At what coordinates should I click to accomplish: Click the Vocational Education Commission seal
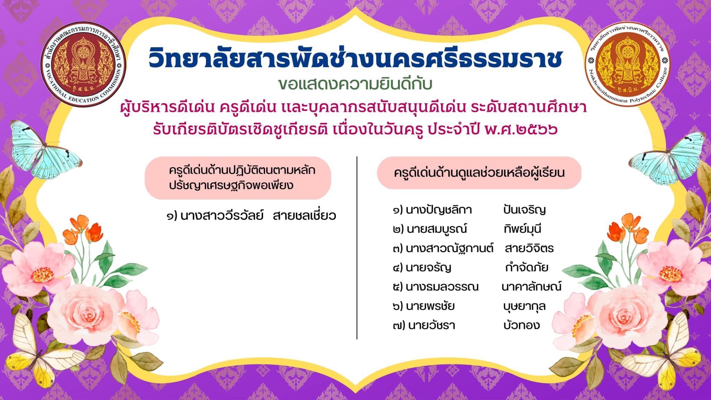[x=83, y=64]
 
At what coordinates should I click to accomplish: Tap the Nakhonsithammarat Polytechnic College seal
[x=628, y=64]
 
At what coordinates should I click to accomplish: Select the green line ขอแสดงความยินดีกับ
[x=355, y=84]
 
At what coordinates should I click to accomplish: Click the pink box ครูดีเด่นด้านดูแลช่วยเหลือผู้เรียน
[x=479, y=173]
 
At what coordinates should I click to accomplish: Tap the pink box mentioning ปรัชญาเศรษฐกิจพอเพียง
[x=238, y=178]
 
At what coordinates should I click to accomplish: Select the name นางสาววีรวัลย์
[x=222, y=216]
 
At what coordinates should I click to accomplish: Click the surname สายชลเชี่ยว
[x=304, y=216]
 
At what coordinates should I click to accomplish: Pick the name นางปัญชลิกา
[x=439, y=210]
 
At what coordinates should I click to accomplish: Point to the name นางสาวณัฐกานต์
[x=450, y=248]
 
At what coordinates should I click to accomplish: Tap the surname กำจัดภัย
[x=527, y=267]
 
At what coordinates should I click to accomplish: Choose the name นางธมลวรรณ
[x=442, y=287]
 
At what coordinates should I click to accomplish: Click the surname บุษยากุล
[x=525, y=306]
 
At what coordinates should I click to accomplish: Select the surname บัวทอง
[x=522, y=325]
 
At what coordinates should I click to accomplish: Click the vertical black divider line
[x=357, y=248]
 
